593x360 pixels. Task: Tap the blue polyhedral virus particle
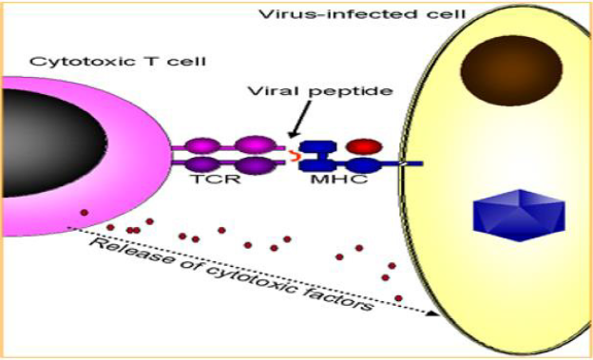pyautogui.click(x=519, y=215)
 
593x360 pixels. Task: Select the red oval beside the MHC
pyautogui.click(x=365, y=146)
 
